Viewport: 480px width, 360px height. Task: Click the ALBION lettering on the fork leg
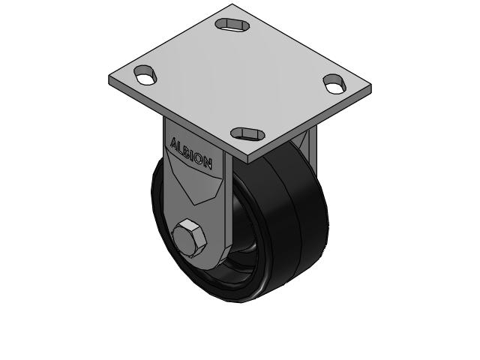(191, 152)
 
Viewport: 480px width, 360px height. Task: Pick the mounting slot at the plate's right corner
(334, 83)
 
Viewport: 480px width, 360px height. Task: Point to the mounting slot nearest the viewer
(248, 133)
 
